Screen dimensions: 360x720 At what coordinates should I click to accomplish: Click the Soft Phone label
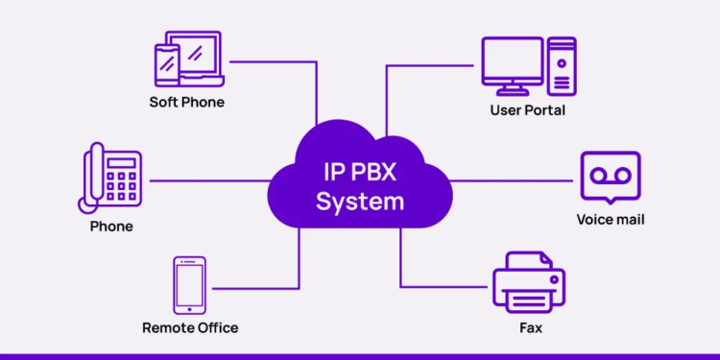[186, 102]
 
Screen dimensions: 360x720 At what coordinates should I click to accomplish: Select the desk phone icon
[111, 178]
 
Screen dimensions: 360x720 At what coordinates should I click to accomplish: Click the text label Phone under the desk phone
[111, 227]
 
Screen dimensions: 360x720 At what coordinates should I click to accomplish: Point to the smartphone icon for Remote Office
[189, 285]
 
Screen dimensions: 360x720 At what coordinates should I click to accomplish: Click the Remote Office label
[190, 327]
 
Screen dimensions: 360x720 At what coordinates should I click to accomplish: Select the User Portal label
[527, 110]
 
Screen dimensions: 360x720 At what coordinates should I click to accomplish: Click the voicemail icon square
[610, 175]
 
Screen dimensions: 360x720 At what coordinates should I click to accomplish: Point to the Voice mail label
[610, 219]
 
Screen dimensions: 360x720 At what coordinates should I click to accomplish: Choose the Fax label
[529, 327]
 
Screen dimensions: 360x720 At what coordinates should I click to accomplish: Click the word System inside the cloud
[360, 203]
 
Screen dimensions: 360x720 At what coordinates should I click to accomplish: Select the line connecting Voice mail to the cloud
[514, 180]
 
